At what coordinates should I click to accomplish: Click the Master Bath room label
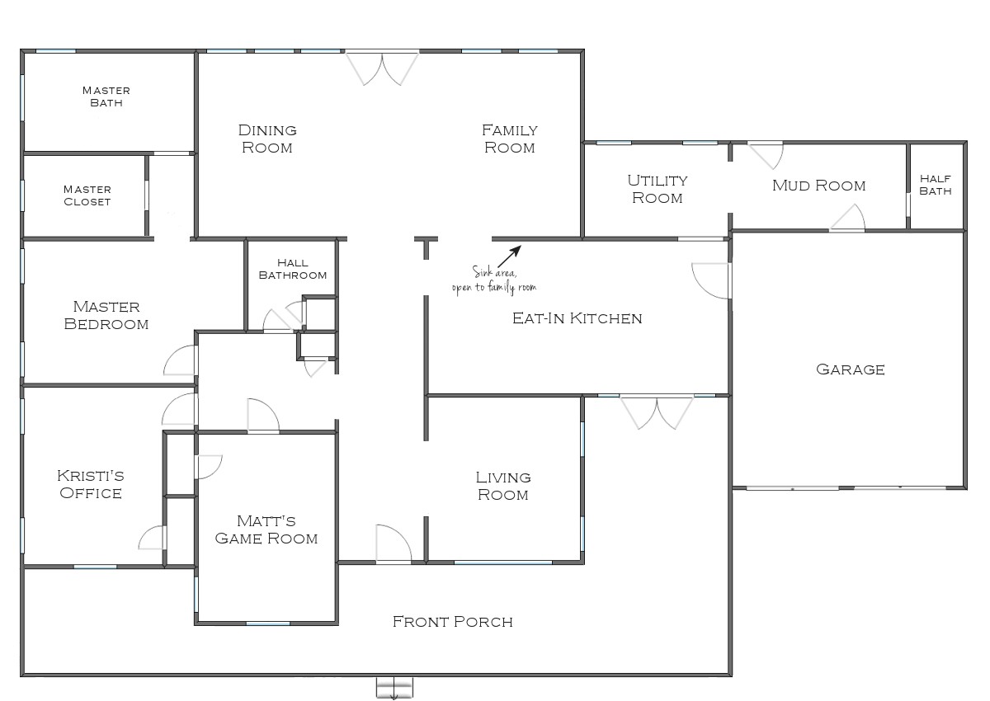click(106, 96)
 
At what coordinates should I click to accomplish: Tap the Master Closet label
click(87, 195)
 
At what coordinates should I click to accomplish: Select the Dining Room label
click(266, 139)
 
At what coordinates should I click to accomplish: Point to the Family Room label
click(509, 139)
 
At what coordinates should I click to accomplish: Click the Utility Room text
click(657, 189)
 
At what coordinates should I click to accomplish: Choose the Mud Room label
click(818, 186)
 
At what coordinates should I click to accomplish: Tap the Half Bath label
click(936, 185)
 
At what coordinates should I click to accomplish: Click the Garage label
click(850, 369)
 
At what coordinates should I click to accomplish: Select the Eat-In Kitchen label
click(577, 318)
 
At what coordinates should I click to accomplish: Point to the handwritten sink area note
click(494, 280)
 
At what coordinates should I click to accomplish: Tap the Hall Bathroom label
click(292, 269)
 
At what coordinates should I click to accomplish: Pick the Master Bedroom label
click(106, 316)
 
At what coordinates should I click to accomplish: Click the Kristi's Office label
click(90, 485)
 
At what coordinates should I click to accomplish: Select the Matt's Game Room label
click(266, 529)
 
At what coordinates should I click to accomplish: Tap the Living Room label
click(502, 486)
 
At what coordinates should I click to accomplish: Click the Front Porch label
click(452, 622)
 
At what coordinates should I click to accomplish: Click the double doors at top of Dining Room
click(382, 68)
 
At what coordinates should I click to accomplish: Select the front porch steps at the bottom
click(394, 687)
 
